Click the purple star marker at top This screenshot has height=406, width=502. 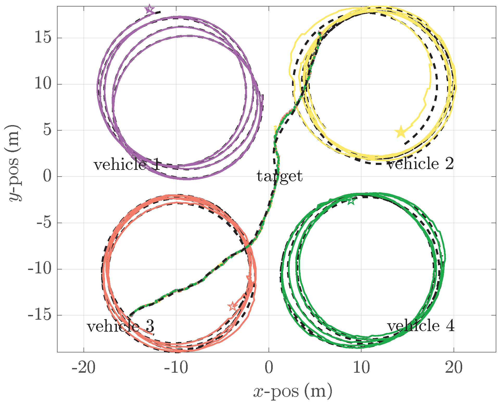coord(149,9)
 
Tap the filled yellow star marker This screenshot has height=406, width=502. coord(401,132)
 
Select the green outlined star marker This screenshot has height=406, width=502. coord(351,201)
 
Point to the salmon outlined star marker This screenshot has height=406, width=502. coord(233,306)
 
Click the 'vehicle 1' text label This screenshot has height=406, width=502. coord(127,165)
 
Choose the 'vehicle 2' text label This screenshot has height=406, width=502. coord(420,164)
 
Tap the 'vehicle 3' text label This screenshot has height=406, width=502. coord(120,326)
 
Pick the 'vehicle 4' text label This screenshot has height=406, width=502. coord(421,326)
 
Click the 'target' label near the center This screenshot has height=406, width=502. coord(279,176)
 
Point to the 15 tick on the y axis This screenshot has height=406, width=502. coord(43,38)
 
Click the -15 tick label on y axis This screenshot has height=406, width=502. coord(40,315)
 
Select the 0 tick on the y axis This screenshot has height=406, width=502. coord(48,177)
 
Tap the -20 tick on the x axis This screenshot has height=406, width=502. coord(84,368)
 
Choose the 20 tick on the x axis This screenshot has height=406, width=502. coord(454,368)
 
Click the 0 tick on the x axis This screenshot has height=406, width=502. coord(269,368)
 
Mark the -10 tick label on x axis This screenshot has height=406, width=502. coord(176,368)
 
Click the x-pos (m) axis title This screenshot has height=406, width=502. coord(293,391)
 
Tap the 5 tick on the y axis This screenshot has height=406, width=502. coord(48,130)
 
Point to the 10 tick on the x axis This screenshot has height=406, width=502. coord(361,368)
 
